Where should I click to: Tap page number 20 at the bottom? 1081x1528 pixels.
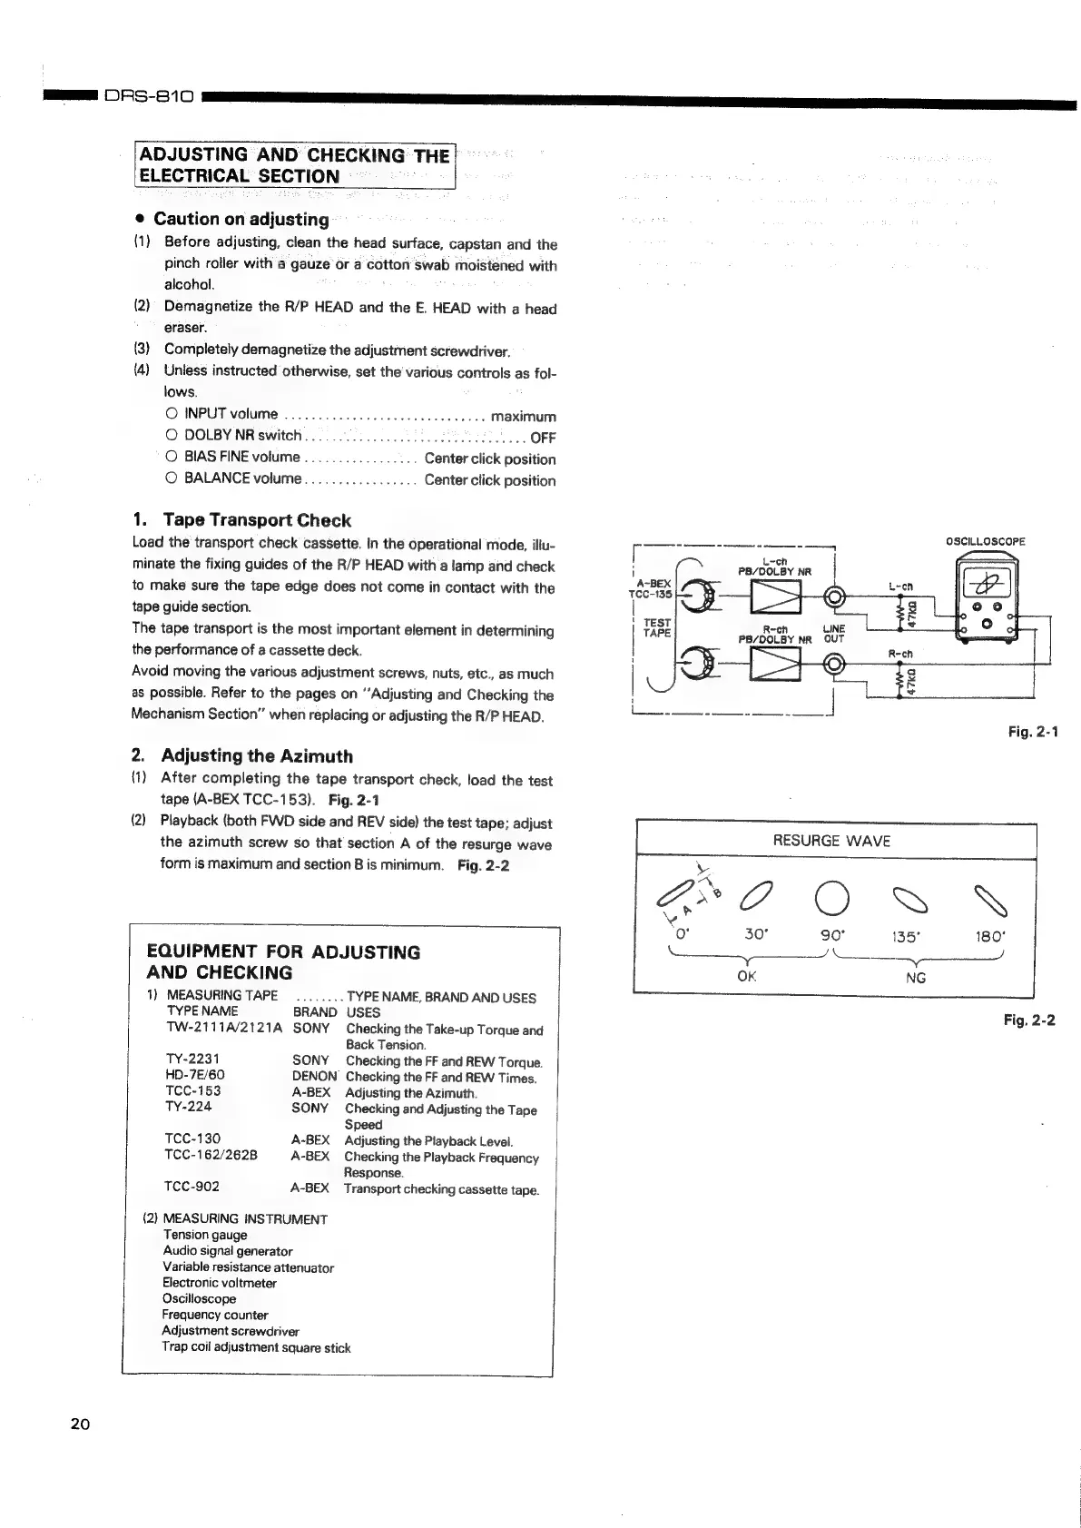point(80,1424)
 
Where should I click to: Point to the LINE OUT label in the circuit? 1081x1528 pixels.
point(833,634)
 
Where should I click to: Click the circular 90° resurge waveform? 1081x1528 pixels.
point(832,900)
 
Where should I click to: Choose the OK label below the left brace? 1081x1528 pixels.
point(747,977)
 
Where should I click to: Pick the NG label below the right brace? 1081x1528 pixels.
point(916,978)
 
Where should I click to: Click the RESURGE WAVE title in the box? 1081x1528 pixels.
point(831,841)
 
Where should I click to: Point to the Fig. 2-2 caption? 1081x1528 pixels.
point(1029,1020)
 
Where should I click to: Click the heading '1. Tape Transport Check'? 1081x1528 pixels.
point(241,520)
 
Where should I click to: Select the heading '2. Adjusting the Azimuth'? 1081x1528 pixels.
point(242,755)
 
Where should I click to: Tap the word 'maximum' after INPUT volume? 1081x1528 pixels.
point(523,417)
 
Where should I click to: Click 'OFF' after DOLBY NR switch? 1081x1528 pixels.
point(543,438)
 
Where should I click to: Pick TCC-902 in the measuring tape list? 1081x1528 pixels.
point(192,1187)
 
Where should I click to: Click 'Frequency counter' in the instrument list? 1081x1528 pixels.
point(215,1315)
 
